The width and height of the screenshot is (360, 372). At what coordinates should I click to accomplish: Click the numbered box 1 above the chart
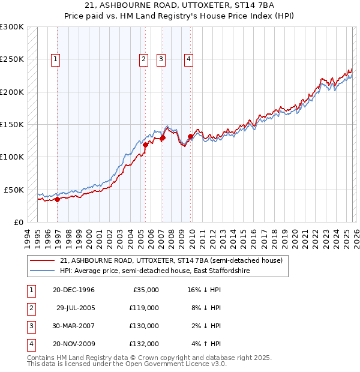tap(55, 59)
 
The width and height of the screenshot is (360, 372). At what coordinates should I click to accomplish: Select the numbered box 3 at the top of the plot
tap(161, 59)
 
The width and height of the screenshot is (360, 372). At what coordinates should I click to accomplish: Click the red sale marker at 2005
tap(145, 145)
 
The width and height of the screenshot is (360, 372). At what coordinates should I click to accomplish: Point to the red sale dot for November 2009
tap(190, 136)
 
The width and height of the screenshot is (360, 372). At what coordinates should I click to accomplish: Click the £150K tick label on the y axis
tap(12, 125)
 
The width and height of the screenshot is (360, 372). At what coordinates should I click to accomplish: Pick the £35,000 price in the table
tap(144, 290)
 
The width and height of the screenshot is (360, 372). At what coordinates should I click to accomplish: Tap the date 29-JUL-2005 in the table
tap(75, 308)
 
